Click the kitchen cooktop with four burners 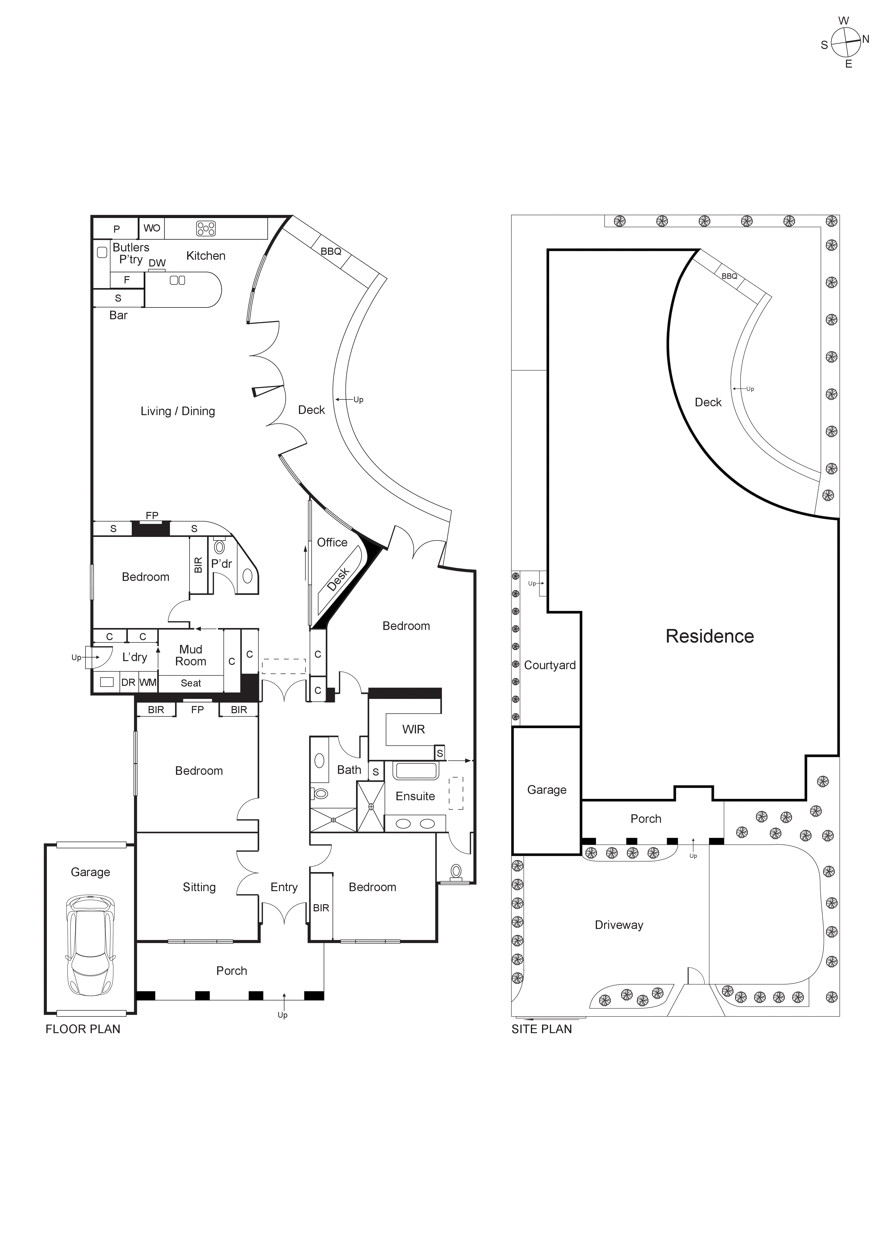(x=205, y=228)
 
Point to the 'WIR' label (x=413, y=730)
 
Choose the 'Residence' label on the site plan (x=709, y=636)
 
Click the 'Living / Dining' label (x=178, y=411)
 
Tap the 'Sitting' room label (x=199, y=887)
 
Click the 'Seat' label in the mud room (x=191, y=683)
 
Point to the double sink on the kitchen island (x=178, y=280)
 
